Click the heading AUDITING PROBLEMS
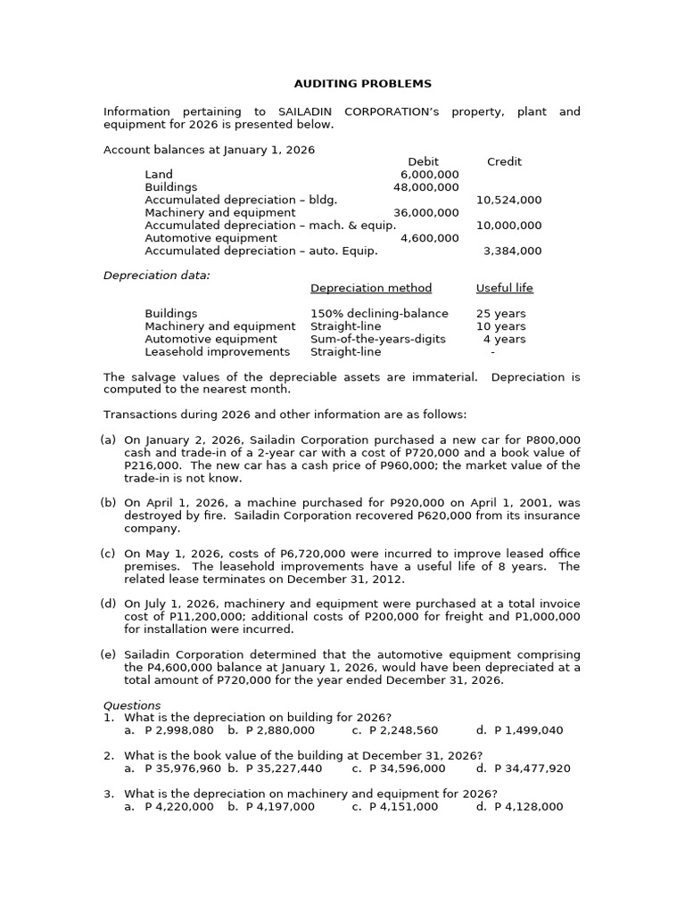(362, 84)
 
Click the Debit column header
(423, 161)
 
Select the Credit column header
(504, 161)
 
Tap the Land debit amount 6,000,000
(430, 175)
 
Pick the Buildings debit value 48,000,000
(426, 187)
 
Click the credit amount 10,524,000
(508, 201)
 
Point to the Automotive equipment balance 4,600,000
(430, 238)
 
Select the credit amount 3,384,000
(512, 251)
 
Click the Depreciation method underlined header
(371, 288)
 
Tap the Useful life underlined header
(504, 288)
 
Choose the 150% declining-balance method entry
(379, 314)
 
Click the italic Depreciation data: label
(157, 276)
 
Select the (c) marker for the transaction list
(108, 554)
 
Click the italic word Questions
(132, 705)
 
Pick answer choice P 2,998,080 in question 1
(178, 730)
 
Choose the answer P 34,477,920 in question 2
(532, 768)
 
